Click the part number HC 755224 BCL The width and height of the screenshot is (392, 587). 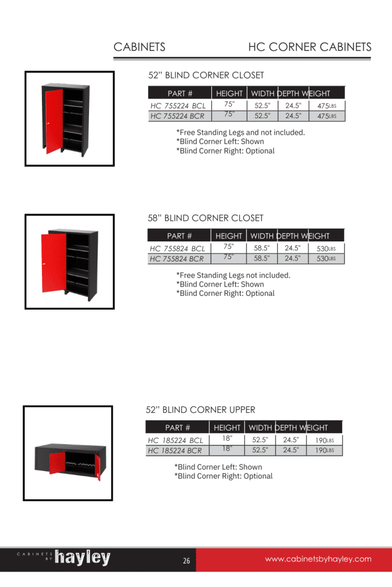click(x=178, y=106)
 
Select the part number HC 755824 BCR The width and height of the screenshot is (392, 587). click(x=177, y=259)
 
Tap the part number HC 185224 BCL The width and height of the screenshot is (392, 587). click(x=176, y=440)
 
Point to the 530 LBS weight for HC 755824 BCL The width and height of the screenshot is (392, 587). click(x=326, y=249)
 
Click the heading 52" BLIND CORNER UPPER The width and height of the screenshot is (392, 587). click(x=200, y=410)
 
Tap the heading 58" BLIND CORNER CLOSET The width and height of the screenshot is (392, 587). click(x=205, y=218)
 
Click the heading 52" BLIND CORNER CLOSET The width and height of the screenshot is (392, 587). click(x=206, y=75)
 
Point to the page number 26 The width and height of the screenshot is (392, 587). click(x=187, y=561)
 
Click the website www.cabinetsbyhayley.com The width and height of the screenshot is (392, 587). click(x=318, y=559)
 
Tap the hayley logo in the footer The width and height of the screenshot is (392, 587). click(x=82, y=558)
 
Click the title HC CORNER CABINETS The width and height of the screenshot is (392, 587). click(x=309, y=47)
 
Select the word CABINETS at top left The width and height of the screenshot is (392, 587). click(x=139, y=47)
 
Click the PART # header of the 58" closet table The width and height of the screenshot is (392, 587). click(x=179, y=236)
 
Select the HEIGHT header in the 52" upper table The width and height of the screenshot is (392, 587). click(x=227, y=428)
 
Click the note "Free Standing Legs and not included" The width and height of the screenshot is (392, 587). click(x=240, y=132)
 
